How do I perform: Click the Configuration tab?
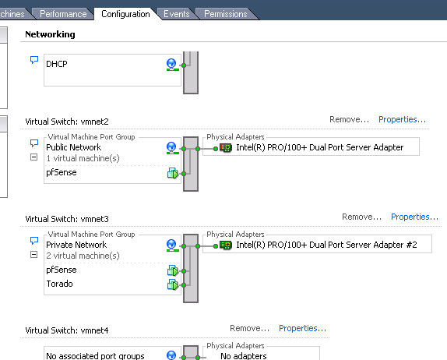pyautogui.click(x=125, y=14)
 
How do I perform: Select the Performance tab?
pyautogui.click(x=63, y=14)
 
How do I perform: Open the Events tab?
pyautogui.click(x=177, y=14)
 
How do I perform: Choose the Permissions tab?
pyautogui.click(x=226, y=14)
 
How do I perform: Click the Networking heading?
pyautogui.click(x=50, y=34)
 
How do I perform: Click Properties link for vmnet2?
pyautogui.click(x=403, y=119)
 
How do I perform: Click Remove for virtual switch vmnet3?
pyautogui.click(x=362, y=217)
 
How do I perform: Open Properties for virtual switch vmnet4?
pyautogui.click(x=302, y=328)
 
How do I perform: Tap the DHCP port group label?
pyautogui.click(x=57, y=64)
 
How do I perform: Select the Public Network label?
pyautogui.click(x=73, y=147)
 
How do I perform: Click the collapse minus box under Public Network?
pyautogui.click(x=33, y=157)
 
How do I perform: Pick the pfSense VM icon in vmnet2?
pyautogui.click(x=173, y=173)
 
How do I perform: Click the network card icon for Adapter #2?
pyautogui.click(x=226, y=245)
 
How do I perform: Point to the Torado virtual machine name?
pyautogui.click(x=60, y=284)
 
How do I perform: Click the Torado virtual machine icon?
pyautogui.click(x=173, y=284)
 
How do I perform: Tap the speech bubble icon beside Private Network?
pyautogui.click(x=34, y=241)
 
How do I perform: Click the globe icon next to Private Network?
pyautogui.click(x=172, y=245)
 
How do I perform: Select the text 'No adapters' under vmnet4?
pyautogui.click(x=244, y=356)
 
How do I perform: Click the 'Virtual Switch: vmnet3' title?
pyautogui.click(x=67, y=219)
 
